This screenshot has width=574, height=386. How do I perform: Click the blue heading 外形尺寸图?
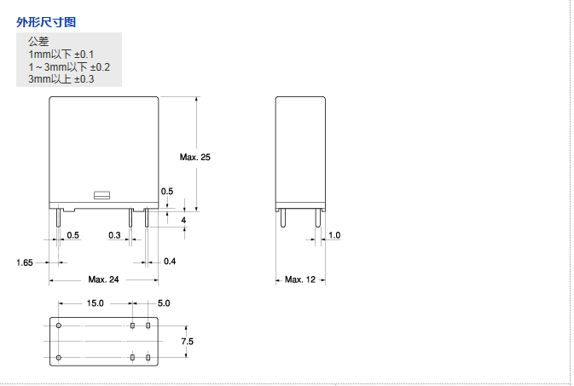tap(46, 22)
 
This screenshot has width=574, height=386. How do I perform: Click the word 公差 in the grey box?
tap(38, 42)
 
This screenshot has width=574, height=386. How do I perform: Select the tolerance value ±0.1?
tap(84, 55)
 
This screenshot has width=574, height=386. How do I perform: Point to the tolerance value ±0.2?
tap(100, 67)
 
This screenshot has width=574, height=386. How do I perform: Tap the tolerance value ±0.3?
tap(84, 79)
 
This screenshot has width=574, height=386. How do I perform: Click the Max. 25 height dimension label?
tap(194, 158)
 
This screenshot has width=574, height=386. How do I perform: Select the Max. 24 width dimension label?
tap(103, 279)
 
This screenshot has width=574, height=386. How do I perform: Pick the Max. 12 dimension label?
tap(300, 279)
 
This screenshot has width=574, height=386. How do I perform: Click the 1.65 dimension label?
tap(25, 262)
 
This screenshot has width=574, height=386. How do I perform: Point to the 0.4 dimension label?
tap(170, 262)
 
